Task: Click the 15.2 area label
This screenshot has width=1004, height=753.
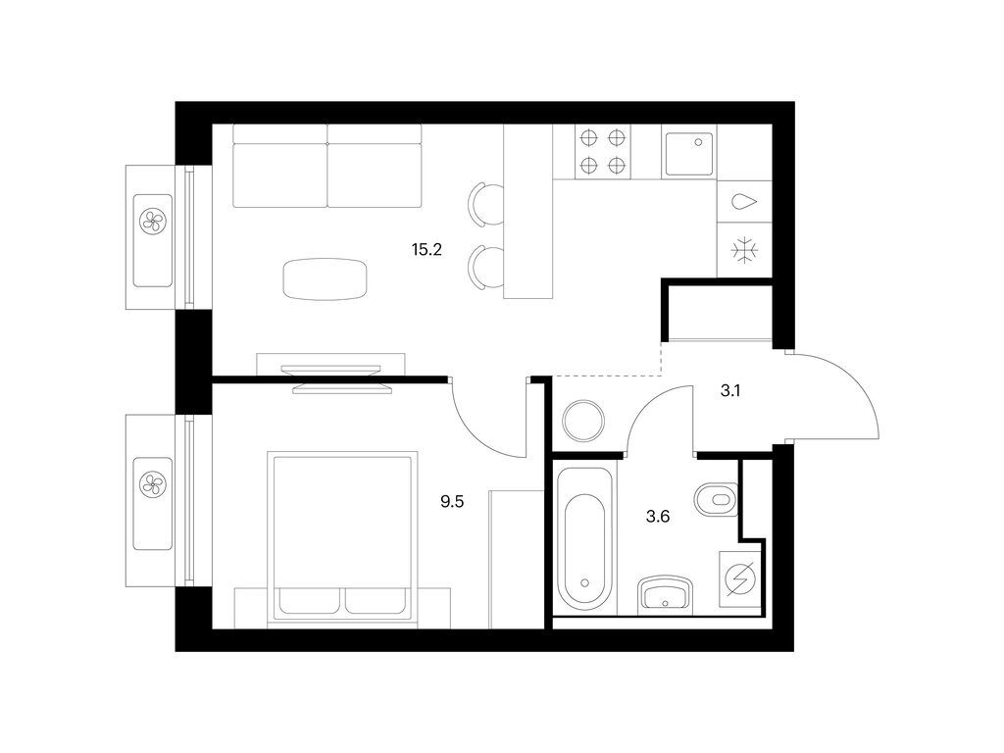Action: tap(427, 250)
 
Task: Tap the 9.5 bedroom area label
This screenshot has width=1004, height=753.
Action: tap(452, 501)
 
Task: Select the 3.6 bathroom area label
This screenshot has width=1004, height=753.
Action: tap(658, 516)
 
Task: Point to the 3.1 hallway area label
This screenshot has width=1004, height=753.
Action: tap(730, 390)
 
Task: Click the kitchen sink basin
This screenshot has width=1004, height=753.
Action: tap(689, 154)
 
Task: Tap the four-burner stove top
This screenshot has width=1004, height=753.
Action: tap(603, 152)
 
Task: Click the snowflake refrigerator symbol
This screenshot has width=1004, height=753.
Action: tap(745, 250)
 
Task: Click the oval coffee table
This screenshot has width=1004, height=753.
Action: tap(326, 278)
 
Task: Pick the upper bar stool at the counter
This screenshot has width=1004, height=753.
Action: tap(485, 204)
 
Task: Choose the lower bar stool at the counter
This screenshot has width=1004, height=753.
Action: tap(485, 268)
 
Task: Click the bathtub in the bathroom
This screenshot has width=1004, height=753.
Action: tap(584, 539)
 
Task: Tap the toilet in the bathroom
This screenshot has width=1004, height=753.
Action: tap(716, 498)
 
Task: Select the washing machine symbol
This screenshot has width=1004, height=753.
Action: tap(740, 579)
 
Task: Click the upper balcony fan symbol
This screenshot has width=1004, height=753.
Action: tap(152, 223)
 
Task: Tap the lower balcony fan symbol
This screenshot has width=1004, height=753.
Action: tap(152, 483)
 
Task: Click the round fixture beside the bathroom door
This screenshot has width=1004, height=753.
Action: tap(583, 420)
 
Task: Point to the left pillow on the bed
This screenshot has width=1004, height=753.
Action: tap(310, 601)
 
